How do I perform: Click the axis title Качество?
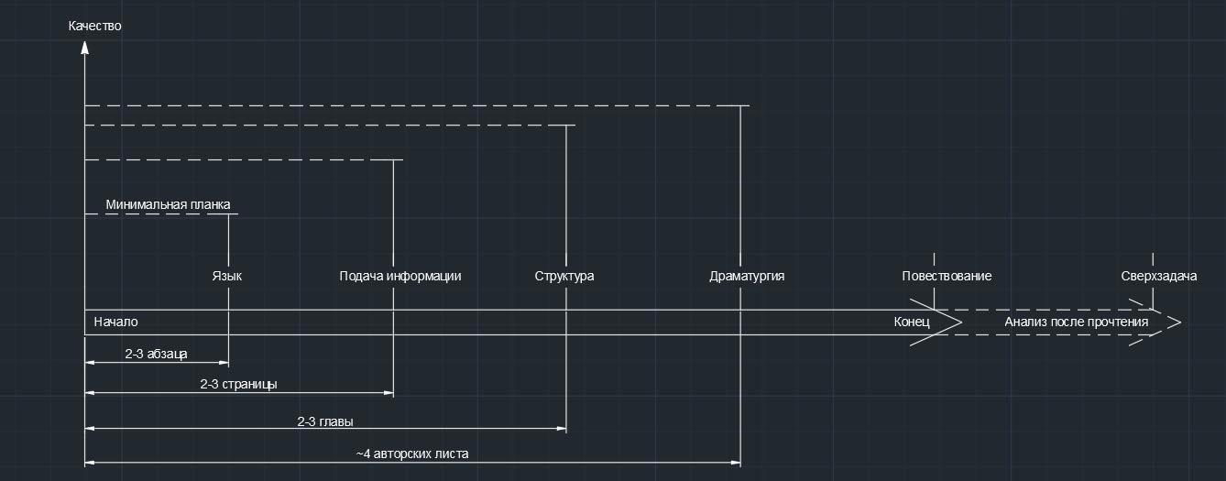[94, 26]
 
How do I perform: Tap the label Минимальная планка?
[168, 204]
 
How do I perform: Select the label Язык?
[227, 276]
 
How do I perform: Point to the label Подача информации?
[400, 276]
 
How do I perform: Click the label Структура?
[564, 276]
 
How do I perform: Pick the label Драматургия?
[747, 276]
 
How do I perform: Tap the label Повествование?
[947, 276]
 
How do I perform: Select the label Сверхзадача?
[1158, 276]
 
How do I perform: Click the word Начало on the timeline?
[115, 322]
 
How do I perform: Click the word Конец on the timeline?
[912, 322]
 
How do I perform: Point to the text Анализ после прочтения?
[1076, 322]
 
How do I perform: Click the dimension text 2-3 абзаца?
[156, 354]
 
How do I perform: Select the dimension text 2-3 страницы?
[238, 384]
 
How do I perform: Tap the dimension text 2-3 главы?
[325, 422]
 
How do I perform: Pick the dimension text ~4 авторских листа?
[412, 453]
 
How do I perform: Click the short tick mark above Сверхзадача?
[1153, 259]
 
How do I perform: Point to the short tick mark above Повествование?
[934, 259]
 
